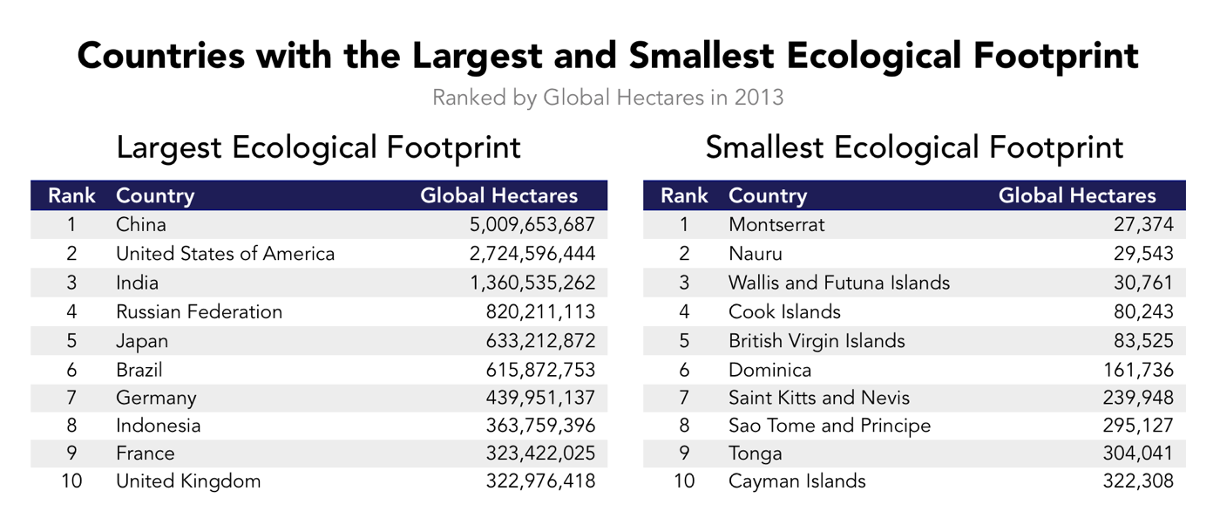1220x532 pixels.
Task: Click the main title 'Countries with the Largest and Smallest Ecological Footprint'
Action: (x=608, y=55)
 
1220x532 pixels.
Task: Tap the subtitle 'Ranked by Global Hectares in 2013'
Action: (x=608, y=97)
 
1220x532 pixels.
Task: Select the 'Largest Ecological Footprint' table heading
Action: (x=318, y=147)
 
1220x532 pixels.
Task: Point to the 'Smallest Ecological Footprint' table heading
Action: (x=914, y=147)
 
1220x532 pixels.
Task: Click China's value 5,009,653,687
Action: (x=532, y=225)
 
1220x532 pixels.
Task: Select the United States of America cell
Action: (x=225, y=254)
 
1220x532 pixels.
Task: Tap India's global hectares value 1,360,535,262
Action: (x=532, y=283)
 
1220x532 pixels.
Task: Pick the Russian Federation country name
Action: (x=199, y=312)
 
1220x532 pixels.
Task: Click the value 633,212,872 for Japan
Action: (x=540, y=341)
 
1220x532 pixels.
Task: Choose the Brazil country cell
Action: (x=139, y=370)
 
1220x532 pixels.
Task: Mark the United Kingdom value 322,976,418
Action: (x=540, y=481)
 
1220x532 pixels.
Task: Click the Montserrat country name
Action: (x=776, y=225)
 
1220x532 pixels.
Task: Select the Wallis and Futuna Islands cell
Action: (x=839, y=283)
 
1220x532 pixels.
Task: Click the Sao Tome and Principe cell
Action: (x=830, y=426)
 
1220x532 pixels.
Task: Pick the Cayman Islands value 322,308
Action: (x=1141, y=481)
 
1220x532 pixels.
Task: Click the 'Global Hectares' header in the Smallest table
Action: (x=1077, y=195)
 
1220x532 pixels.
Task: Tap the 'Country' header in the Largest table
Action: (x=155, y=195)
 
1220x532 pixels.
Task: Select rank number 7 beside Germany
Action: (x=71, y=399)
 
